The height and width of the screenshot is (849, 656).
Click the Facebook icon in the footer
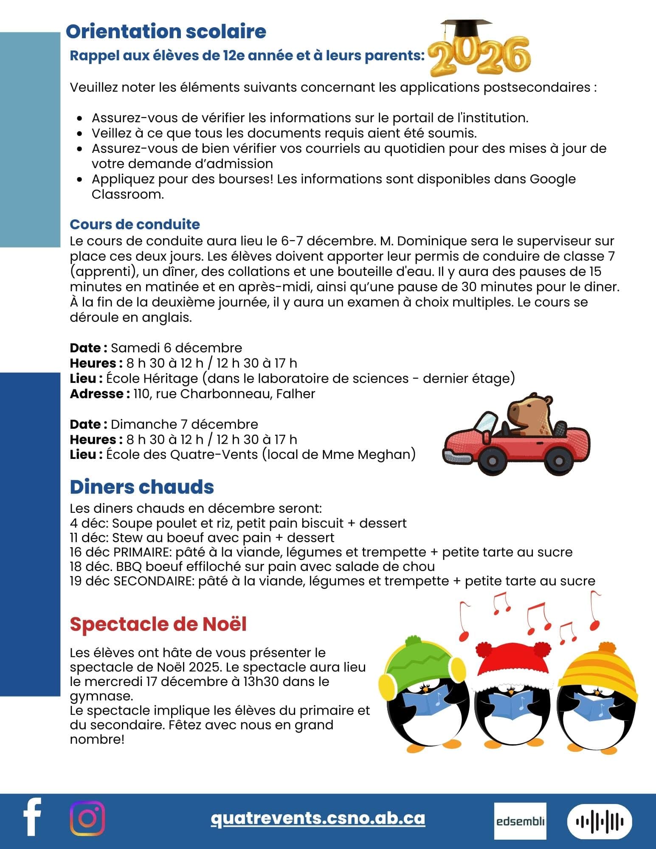click(x=32, y=817)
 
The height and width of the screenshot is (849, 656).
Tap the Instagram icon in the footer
click(x=87, y=818)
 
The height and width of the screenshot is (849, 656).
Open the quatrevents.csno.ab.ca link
click(x=318, y=818)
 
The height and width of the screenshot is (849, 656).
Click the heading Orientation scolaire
click(x=166, y=31)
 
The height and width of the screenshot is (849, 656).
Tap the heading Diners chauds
click(x=142, y=487)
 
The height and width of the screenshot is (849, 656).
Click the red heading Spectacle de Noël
click(x=158, y=624)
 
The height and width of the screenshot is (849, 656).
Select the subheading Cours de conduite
click(x=135, y=224)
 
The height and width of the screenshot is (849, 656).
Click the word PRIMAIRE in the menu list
click(x=142, y=552)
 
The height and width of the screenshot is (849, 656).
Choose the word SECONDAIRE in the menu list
click(x=154, y=581)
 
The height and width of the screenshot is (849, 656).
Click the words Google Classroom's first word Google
click(x=552, y=179)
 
